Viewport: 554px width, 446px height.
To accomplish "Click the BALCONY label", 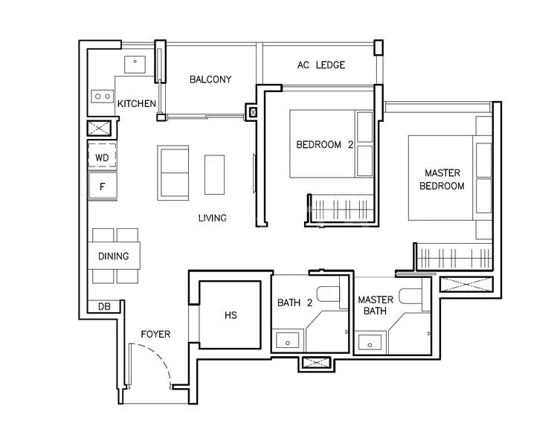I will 210,80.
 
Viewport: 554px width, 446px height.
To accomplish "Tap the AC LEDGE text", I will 321,65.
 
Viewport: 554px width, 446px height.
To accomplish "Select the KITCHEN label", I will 137,103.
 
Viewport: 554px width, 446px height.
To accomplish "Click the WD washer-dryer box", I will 103,158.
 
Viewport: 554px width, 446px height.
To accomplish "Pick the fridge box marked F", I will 103,186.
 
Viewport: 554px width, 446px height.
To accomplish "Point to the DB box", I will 103,306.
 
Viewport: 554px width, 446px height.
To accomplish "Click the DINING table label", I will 114,256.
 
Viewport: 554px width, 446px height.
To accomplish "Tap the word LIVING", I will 212,219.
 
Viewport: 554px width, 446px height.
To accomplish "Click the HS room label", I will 230,315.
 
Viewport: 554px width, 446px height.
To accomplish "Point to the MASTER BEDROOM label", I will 442,179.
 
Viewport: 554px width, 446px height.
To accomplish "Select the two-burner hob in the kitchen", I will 101,96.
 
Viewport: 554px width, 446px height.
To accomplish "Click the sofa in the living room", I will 173,172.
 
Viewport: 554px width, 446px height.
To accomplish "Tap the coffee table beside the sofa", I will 214,175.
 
